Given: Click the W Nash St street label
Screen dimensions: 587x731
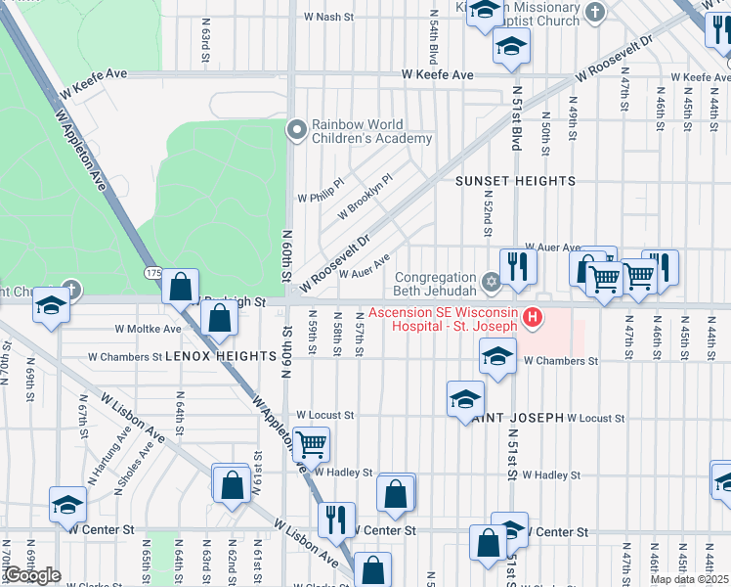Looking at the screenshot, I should point(328,17).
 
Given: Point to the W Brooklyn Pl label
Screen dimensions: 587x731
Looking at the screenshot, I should point(365,196).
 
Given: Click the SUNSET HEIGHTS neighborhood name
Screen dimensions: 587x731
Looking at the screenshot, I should point(515,181).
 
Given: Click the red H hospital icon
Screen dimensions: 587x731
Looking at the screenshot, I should point(533,316).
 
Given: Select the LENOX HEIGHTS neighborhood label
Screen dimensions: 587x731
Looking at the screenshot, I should point(220,357).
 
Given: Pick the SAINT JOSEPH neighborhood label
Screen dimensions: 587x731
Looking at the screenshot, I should point(518,418).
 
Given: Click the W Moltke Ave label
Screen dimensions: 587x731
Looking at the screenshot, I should point(148,330).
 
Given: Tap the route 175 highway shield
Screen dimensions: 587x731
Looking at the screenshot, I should point(152,271).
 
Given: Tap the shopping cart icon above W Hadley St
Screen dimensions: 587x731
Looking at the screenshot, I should point(311,444).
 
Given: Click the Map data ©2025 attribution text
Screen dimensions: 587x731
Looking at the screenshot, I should point(689,579).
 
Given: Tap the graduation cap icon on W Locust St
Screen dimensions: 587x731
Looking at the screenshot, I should point(465,399).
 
